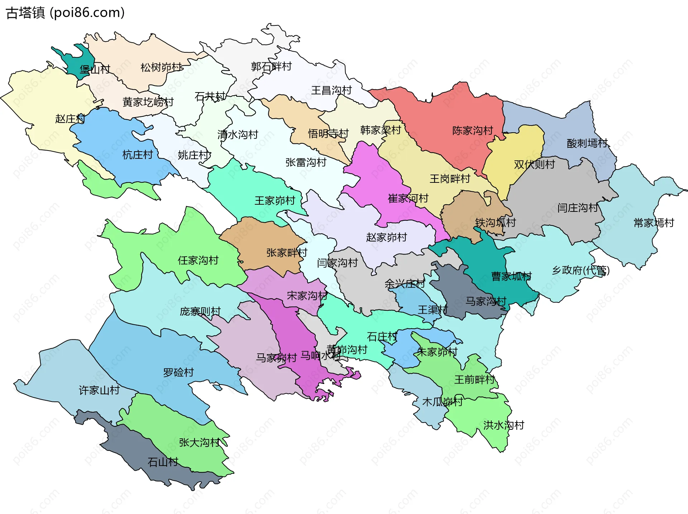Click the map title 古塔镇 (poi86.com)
pos(65,13)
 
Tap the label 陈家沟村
pos(472,130)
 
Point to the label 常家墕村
pos(654,223)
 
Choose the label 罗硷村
pos(178,372)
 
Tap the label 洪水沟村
pos(503,425)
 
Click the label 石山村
pos(163,462)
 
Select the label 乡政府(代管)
pos(580,270)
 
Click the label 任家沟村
pos(198,260)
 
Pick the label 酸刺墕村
pos(587,143)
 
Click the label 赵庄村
pos(70,119)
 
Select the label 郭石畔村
pos(271,67)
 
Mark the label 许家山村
pos(99,390)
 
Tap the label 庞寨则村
pos(200,311)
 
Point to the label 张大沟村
pos(199,443)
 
